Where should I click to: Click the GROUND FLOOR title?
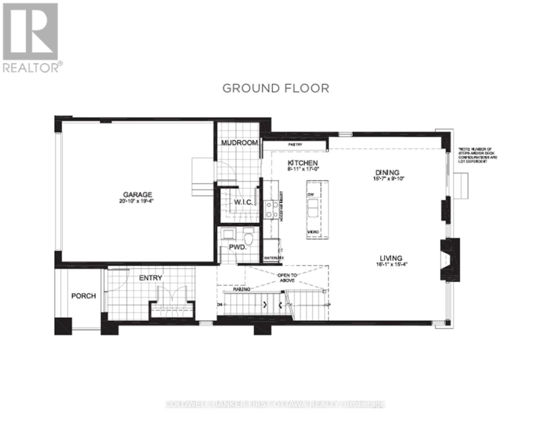click(276, 88)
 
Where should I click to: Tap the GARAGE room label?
click(137, 194)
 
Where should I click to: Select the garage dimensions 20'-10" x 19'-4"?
click(137, 201)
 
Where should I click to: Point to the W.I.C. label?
click(243, 202)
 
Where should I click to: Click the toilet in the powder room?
click(250, 238)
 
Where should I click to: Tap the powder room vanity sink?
click(227, 234)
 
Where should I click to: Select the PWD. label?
click(237, 247)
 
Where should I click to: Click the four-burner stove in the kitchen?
click(272, 209)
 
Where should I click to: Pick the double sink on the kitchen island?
click(313, 208)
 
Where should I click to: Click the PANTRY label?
click(295, 145)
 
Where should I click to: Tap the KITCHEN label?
click(302, 163)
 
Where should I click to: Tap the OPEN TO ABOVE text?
click(287, 277)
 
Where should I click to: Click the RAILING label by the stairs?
click(242, 289)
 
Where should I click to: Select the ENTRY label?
click(151, 278)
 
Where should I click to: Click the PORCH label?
click(84, 296)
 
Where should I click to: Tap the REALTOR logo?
click(31, 37)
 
